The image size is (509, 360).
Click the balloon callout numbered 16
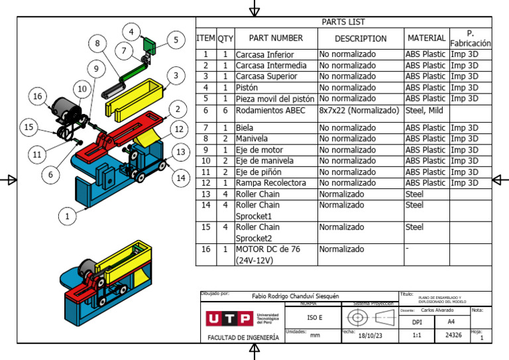coord(38,96)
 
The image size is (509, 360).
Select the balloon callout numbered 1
coord(66,215)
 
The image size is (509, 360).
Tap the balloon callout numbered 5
coord(176,40)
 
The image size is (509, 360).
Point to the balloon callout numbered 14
coord(180,178)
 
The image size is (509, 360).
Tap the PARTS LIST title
coord(343,22)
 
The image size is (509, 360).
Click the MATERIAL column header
coord(426,38)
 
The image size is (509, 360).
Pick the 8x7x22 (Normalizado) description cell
coord(360,111)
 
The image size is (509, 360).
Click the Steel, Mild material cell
coord(425,111)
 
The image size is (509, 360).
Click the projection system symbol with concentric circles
coord(359,318)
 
